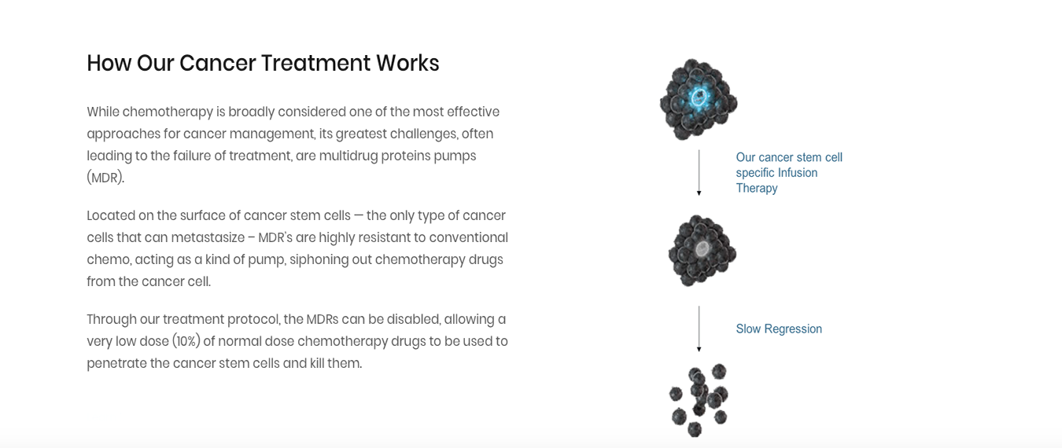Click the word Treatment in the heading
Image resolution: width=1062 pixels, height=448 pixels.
(315, 63)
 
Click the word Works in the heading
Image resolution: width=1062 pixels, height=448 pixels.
(407, 63)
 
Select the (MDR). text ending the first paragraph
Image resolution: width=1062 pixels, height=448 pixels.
(105, 178)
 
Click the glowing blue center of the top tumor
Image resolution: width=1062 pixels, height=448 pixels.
(699, 97)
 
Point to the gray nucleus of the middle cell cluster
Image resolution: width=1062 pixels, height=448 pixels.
(702, 248)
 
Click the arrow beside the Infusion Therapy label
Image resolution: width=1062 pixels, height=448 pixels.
(699, 172)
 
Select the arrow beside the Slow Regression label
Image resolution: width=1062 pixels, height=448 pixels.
(699, 329)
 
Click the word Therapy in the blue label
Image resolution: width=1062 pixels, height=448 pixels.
(757, 189)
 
